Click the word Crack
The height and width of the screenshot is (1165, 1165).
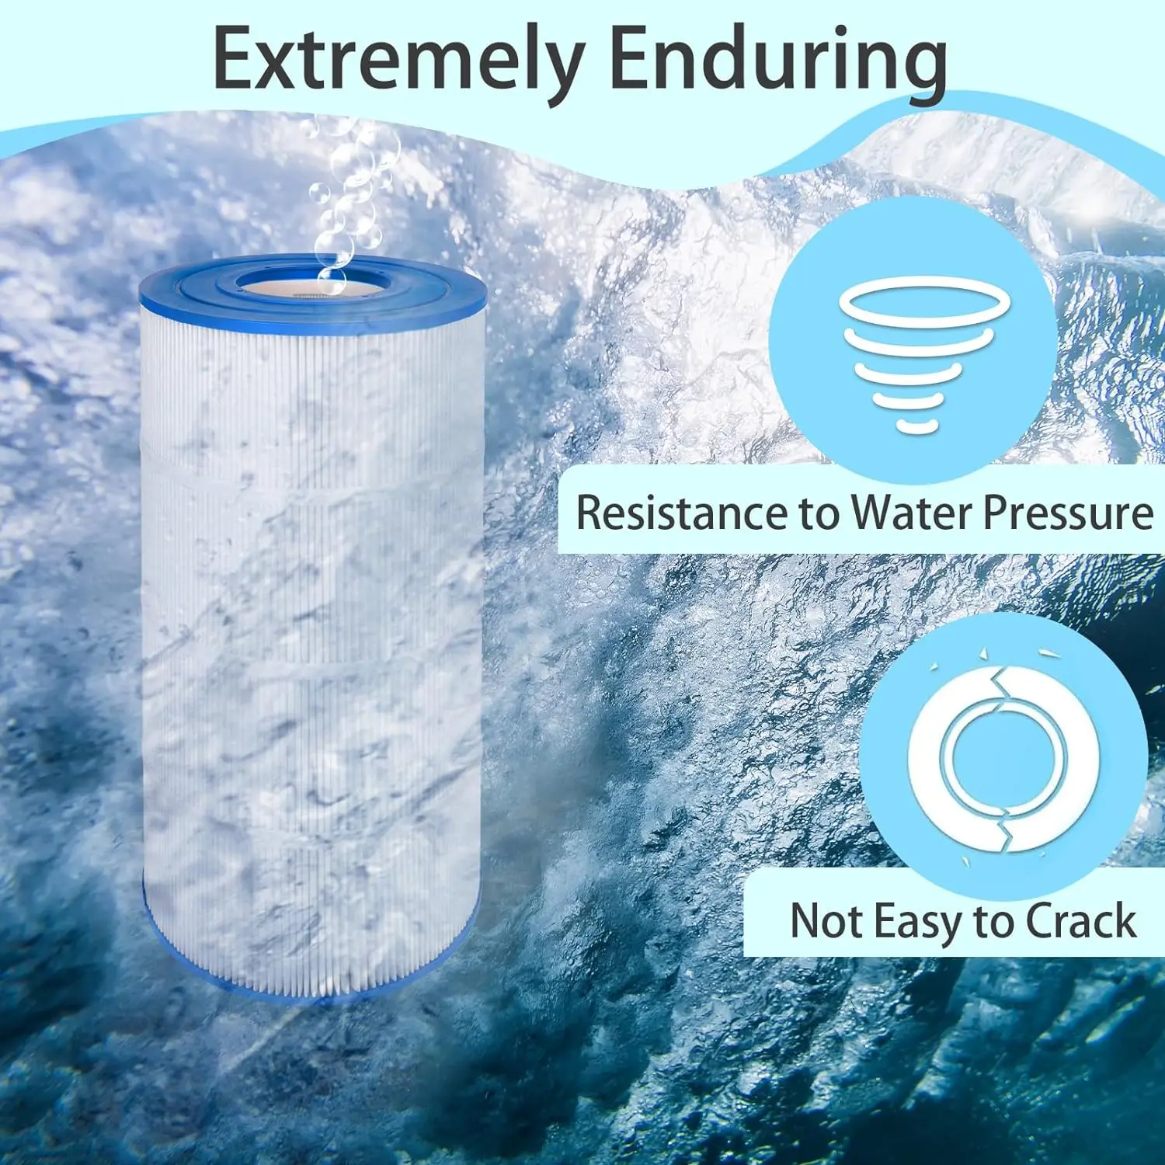(1081, 921)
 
